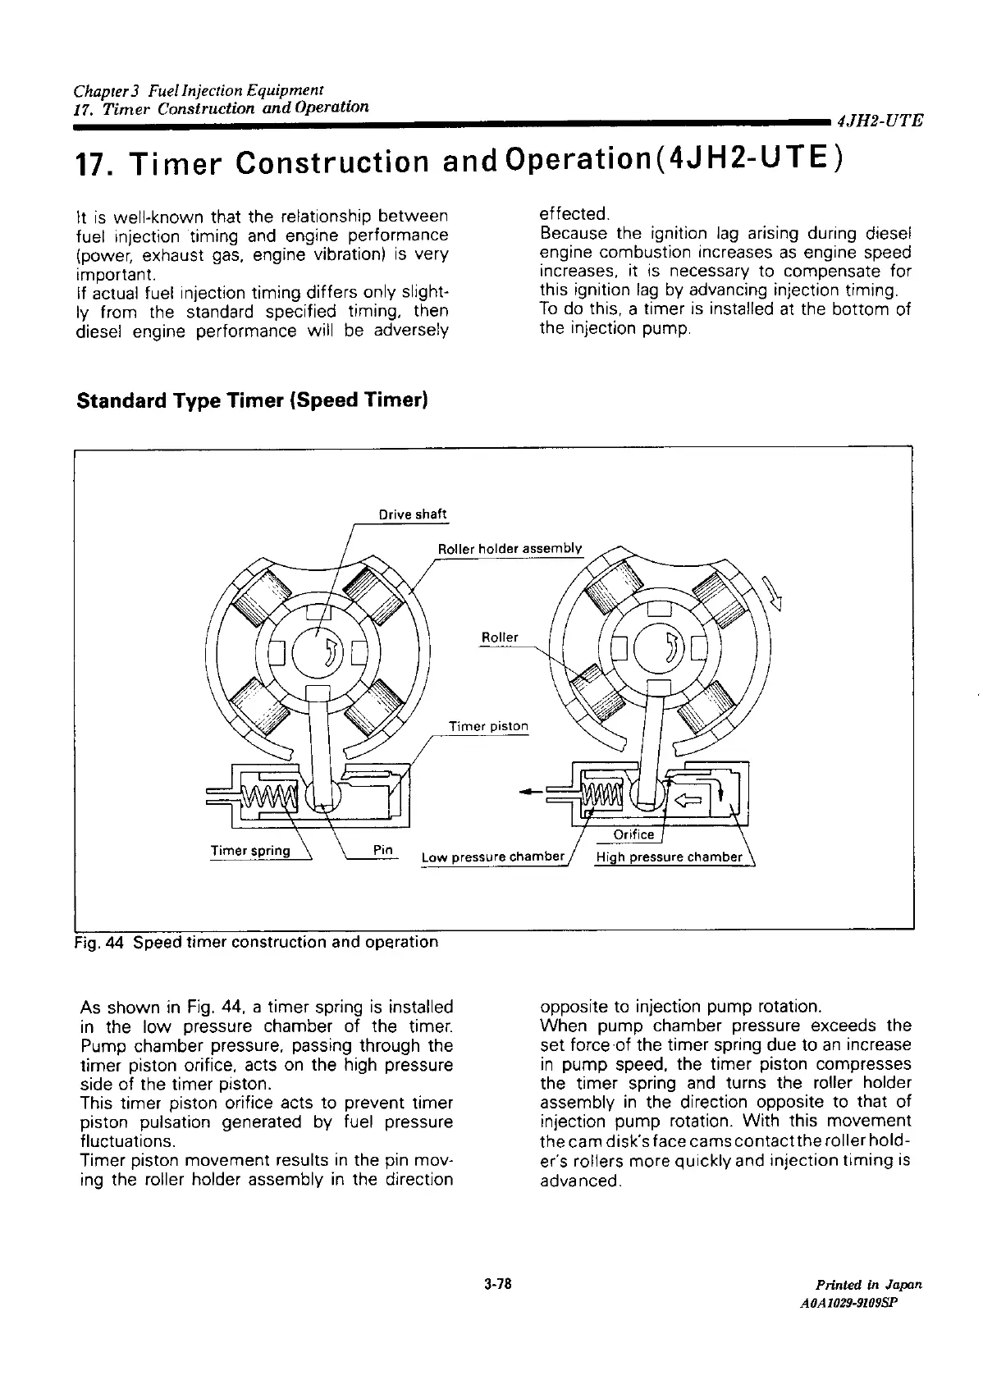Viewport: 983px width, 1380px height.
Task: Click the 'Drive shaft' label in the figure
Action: pos(412,514)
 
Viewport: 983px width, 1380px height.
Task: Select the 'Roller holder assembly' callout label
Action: pos(510,548)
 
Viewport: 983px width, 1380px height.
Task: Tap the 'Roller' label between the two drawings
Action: pos(499,637)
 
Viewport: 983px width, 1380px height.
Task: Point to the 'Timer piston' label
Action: pos(488,726)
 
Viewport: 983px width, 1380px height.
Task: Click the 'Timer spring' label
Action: pos(250,850)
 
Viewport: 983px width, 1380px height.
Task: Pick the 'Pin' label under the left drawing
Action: pos(382,849)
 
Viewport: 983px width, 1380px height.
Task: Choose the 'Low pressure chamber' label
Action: pos(493,857)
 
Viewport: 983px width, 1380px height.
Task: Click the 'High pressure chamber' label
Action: pos(669,857)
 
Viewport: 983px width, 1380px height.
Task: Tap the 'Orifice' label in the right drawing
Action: pos(634,834)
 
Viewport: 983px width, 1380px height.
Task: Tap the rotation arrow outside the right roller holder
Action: pos(772,592)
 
